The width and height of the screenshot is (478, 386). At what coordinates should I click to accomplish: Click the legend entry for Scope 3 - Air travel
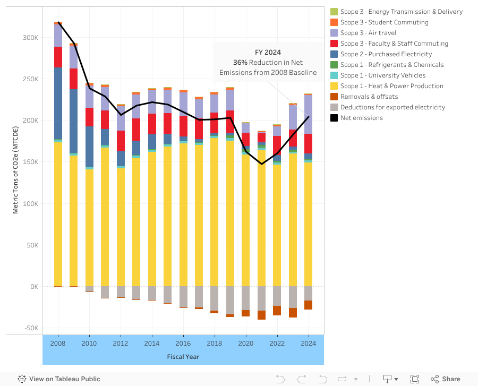coord(368,33)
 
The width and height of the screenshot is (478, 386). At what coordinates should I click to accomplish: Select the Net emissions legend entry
coord(361,118)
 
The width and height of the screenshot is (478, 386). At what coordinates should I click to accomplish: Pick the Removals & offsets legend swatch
coord(334,97)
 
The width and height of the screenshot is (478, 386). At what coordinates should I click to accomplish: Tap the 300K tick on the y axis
coord(30,38)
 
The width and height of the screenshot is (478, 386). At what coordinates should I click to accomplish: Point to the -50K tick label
coord(30,328)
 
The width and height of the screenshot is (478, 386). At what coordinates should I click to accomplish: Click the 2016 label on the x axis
coord(183,344)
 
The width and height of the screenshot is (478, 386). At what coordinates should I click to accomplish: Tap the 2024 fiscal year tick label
coord(309,344)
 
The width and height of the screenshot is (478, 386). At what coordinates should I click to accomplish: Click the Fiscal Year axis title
coord(183,357)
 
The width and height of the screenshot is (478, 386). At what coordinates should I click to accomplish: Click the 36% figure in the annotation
coord(241,63)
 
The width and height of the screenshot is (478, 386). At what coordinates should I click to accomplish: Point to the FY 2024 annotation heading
coord(268,52)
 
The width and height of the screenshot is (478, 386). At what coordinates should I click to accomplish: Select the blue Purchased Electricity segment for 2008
coord(58,104)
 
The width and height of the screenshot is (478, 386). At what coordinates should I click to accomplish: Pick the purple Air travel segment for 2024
coord(309,114)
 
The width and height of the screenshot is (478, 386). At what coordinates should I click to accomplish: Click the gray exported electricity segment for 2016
coord(183,296)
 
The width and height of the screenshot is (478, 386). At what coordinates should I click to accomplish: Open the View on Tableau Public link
coord(59,379)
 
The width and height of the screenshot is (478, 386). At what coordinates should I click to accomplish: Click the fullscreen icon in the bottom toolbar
coord(415,379)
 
